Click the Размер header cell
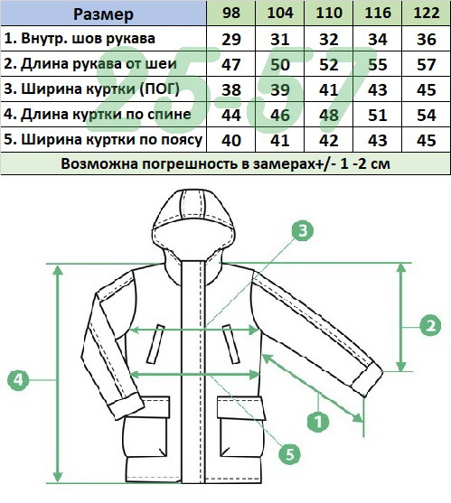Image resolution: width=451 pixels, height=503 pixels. [x=103, y=14]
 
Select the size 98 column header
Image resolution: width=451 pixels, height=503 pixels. [x=230, y=13]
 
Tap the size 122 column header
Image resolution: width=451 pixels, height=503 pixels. [x=427, y=13]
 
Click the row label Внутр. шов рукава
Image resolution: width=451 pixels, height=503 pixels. [x=80, y=39]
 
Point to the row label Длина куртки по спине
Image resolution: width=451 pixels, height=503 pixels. [x=98, y=114]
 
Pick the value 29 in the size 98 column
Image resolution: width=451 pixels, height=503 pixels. [x=231, y=40]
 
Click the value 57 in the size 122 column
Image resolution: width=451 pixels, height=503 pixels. [x=427, y=65]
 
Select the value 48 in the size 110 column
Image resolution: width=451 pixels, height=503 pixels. [x=329, y=116]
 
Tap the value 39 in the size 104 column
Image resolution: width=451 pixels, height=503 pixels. [x=280, y=89]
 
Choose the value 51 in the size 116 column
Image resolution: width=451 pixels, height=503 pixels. [x=378, y=116]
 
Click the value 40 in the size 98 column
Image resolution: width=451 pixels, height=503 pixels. [x=231, y=141]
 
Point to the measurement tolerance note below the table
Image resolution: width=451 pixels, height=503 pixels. [x=225, y=164]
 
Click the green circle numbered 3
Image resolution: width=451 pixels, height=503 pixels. [x=303, y=230]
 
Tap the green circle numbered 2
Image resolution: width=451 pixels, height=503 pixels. [x=430, y=326]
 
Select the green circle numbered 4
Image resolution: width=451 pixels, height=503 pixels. [x=18, y=380]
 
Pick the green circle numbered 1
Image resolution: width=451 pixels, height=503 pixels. [x=318, y=421]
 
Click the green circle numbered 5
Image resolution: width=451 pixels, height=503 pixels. [x=289, y=454]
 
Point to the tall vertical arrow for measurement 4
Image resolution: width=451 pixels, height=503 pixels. [x=58, y=374]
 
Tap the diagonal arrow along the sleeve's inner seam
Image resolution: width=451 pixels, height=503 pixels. [x=313, y=387]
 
